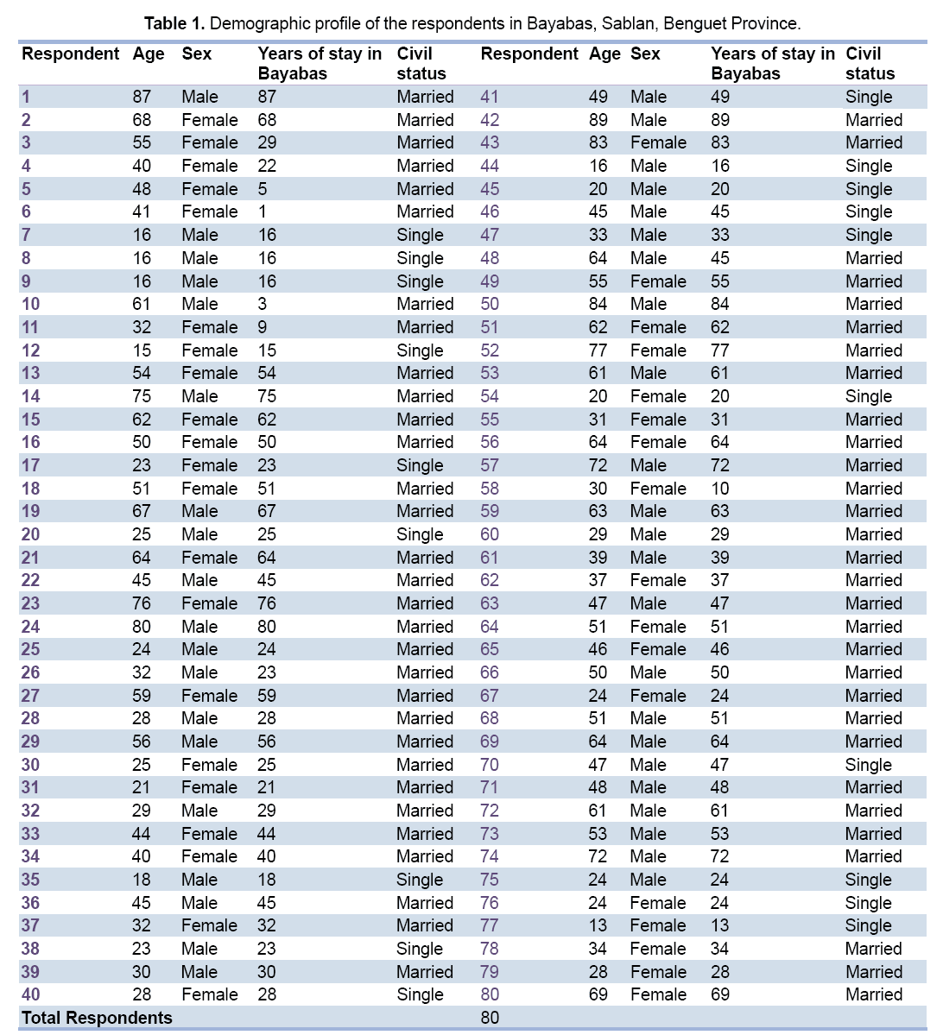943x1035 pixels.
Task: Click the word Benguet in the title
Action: click(x=693, y=22)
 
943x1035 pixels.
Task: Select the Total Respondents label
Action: click(x=97, y=1018)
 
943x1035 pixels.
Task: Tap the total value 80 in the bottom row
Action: click(x=490, y=1018)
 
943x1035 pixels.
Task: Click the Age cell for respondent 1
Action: click(x=142, y=97)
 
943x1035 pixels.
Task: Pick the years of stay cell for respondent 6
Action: click(x=263, y=211)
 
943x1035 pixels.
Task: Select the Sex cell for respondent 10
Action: click(x=199, y=304)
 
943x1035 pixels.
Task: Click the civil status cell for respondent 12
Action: click(x=420, y=350)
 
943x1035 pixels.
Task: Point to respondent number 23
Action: click(x=30, y=603)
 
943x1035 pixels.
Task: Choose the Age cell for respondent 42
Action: click(x=598, y=120)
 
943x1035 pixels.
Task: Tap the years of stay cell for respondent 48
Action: click(x=720, y=258)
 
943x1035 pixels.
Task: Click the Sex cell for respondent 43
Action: click(x=658, y=142)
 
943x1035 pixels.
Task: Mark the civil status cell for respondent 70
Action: click(x=868, y=765)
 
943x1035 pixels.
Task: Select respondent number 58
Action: click(x=490, y=489)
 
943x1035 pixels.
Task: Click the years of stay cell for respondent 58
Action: click(x=720, y=489)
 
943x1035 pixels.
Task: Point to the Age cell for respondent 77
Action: click(x=598, y=925)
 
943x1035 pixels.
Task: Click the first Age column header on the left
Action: click(x=149, y=54)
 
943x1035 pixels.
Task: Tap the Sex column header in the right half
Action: click(x=645, y=54)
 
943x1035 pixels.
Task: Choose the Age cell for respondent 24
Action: click(x=142, y=627)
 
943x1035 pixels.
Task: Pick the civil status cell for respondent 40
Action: click(x=420, y=994)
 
